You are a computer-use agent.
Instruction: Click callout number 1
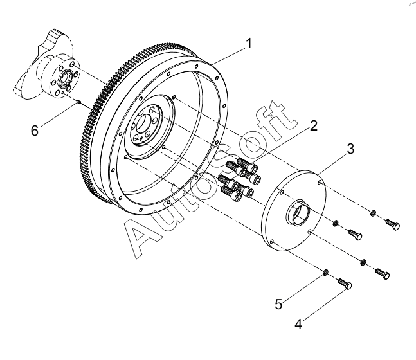click(249, 44)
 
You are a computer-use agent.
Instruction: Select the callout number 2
click(314, 125)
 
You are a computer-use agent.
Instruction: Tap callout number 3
click(350, 148)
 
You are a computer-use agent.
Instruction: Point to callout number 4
click(299, 324)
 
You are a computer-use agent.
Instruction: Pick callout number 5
click(278, 304)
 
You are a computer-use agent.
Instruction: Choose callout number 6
click(35, 130)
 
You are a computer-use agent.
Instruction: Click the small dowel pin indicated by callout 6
click(78, 102)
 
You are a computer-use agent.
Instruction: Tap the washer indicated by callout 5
click(325, 272)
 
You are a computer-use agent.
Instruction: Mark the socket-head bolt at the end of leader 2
click(247, 165)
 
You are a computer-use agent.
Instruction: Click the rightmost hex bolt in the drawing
click(393, 224)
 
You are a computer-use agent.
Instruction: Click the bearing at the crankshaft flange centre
click(66, 78)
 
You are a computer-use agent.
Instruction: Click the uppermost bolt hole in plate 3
click(320, 183)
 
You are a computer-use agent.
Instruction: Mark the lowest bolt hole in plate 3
click(272, 241)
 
